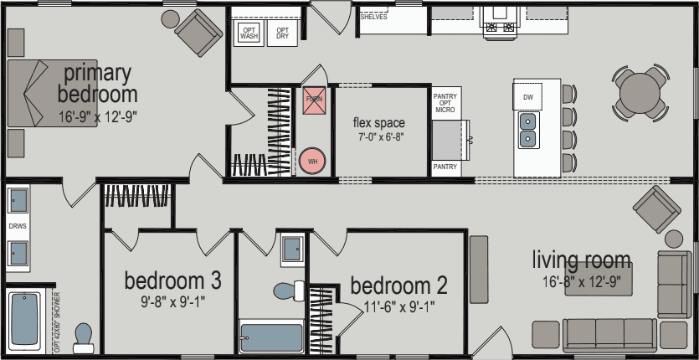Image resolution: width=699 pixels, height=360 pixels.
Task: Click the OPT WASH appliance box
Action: (249, 33)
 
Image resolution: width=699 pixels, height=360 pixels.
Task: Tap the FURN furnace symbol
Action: (314, 99)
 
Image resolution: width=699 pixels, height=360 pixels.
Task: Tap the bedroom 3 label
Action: (172, 279)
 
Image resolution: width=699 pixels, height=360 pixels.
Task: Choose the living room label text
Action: (582, 260)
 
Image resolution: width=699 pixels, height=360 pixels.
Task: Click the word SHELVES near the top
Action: (373, 17)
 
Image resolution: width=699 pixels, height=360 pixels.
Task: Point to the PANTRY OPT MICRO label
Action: (445, 103)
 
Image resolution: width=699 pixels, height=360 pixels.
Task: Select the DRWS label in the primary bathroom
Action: (18, 226)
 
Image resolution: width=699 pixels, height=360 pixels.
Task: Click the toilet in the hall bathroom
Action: (289, 291)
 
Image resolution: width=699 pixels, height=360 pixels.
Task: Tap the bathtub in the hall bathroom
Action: (271, 337)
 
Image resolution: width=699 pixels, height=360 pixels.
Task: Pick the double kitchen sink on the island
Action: (528, 130)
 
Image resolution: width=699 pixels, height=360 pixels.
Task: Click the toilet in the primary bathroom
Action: (83, 336)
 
